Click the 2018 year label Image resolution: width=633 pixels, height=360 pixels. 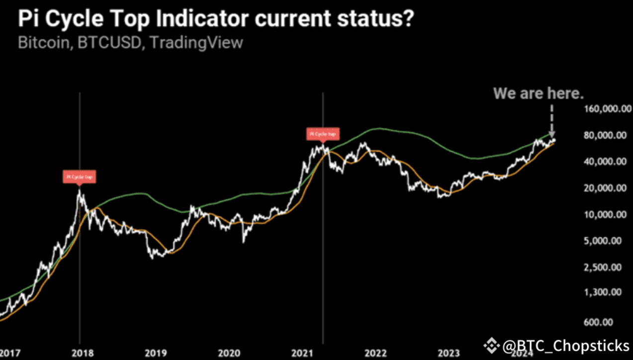click(79, 353)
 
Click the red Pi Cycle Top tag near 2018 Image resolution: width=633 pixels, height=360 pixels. click(79, 177)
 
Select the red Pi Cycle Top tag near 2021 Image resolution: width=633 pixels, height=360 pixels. click(323, 134)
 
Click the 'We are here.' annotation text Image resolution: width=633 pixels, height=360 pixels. click(539, 93)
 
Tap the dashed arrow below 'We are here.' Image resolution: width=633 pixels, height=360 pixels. click(551, 119)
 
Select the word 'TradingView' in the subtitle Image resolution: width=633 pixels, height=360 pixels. click(196, 42)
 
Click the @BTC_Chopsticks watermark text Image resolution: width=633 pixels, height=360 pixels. click(565, 345)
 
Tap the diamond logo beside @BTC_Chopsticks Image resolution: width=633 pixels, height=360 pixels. click(492, 345)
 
